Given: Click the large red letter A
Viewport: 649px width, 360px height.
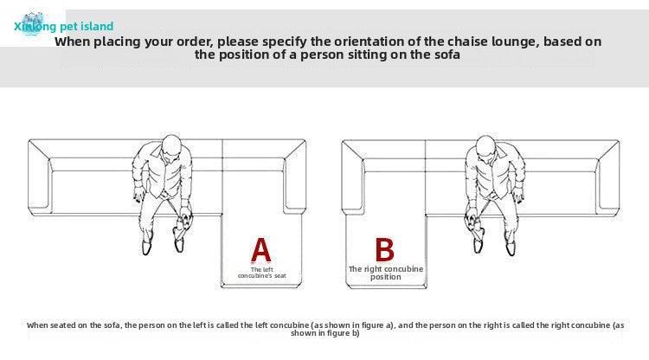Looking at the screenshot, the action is click(x=261, y=250).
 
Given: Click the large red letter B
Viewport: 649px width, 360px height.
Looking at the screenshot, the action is click(x=384, y=249).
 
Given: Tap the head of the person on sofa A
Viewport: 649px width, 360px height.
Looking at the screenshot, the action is click(x=171, y=144).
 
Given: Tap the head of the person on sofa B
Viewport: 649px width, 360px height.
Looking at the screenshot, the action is click(x=485, y=145).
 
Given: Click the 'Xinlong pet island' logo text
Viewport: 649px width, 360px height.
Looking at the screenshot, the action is click(x=64, y=27).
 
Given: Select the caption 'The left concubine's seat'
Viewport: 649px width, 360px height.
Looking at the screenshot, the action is click(x=262, y=273).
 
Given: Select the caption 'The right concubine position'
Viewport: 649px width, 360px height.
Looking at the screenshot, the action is click(x=386, y=273).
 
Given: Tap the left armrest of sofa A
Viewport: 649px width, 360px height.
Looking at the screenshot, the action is click(x=40, y=177).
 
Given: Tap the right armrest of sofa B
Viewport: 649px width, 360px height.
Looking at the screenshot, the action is click(x=608, y=177).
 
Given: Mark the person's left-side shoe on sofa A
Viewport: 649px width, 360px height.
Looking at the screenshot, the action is click(x=146, y=247).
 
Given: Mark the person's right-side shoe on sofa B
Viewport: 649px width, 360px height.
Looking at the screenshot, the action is click(x=511, y=247).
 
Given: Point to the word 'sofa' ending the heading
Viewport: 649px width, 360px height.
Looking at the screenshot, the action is click(x=447, y=55).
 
